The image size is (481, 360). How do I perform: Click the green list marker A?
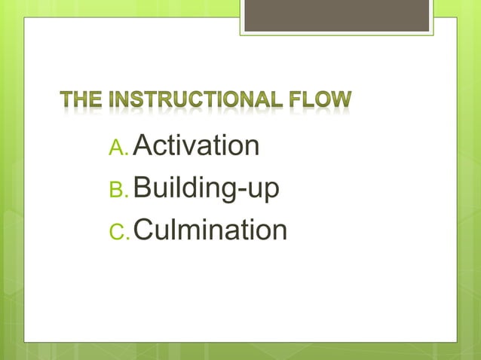click(119, 148)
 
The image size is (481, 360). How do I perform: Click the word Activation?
click(196, 145)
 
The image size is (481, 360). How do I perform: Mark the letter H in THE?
click(80, 99)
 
